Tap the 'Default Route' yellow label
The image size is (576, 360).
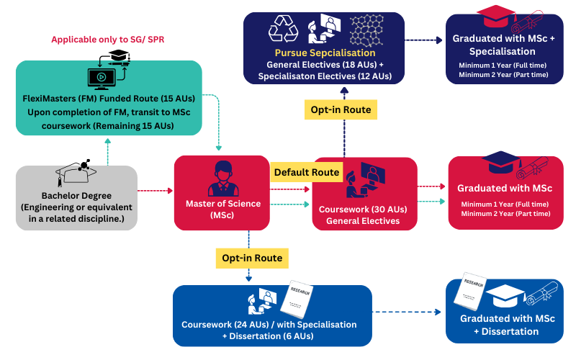pos(305,173)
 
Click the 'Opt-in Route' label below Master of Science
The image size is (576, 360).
pos(248,257)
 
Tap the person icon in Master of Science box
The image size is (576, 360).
pos(222,179)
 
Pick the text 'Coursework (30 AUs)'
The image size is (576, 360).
pos(364,210)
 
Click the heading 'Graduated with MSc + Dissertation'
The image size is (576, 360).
pos(504,325)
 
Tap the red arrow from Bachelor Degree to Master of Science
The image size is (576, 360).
pos(155,191)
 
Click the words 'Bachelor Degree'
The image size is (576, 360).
pos(76,196)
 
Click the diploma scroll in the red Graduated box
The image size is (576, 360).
pos(531,168)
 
